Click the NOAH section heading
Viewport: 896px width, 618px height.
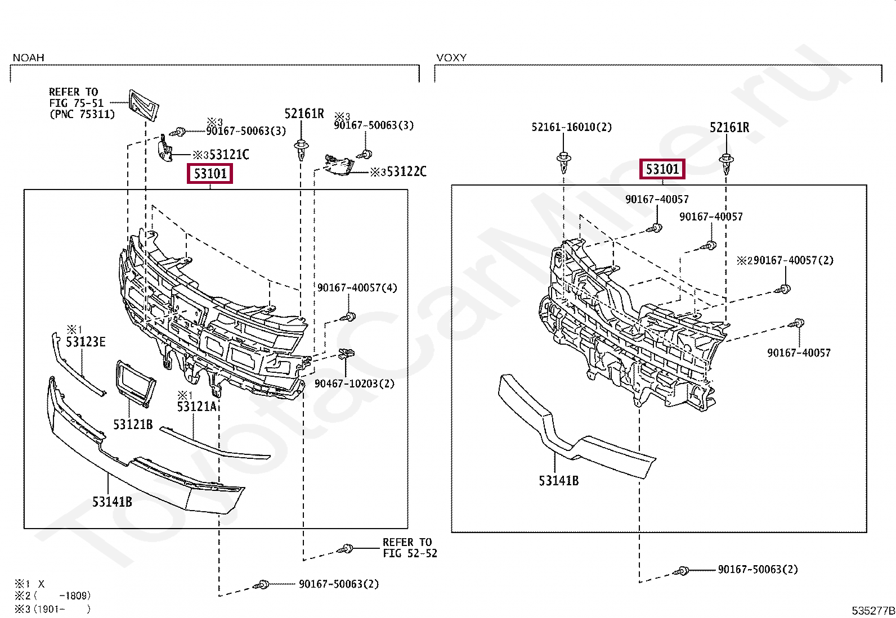pyautogui.click(x=28, y=57)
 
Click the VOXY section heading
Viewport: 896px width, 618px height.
pyautogui.click(x=451, y=57)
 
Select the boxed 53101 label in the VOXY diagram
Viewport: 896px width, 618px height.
pyautogui.click(x=662, y=169)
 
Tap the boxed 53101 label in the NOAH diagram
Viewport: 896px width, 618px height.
pyautogui.click(x=210, y=173)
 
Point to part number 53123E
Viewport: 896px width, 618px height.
pyautogui.click(x=86, y=341)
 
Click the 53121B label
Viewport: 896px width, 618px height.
pyautogui.click(x=133, y=424)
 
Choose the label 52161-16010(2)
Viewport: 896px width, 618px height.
pyautogui.click(x=571, y=127)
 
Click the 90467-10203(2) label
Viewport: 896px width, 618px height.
pyautogui.click(x=354, y=384)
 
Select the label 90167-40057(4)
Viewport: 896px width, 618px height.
pyautogui.click(x=357, y=288)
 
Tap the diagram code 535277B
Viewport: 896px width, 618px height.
pyautogui.click(x=873, y=611)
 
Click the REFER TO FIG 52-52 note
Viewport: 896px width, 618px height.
pyautogui.click(x=409, y=548)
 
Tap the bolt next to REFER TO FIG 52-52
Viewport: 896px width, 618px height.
pyautogui.click(x=346, y=548)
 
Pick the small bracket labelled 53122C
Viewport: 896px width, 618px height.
pyautogui.click(x=339, y=165)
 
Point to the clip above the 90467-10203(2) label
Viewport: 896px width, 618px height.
pyautogui.click(x=347, y=355)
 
